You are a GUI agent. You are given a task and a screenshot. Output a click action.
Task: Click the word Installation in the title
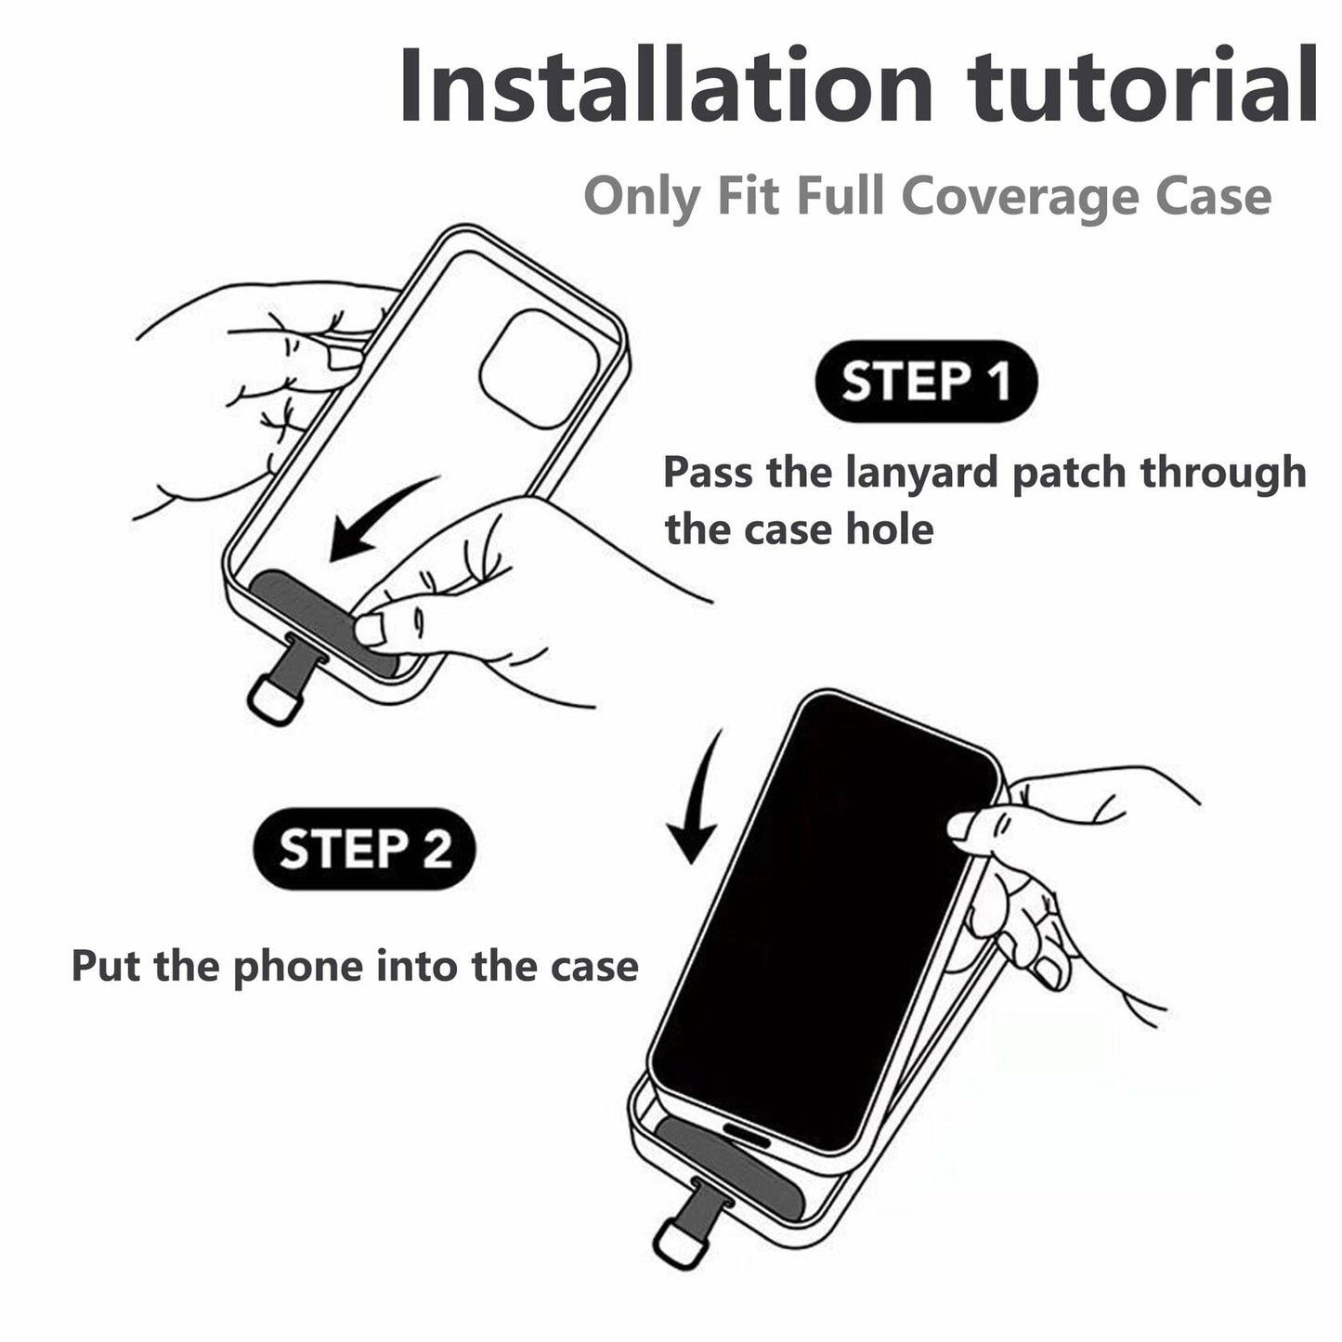(x=665, y=85)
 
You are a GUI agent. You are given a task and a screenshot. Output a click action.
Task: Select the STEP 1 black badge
(x=926, y=382)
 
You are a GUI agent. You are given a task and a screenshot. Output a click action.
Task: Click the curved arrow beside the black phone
(x=697, y=795)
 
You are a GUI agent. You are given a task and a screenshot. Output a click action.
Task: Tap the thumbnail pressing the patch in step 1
(x=372, y=629)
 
